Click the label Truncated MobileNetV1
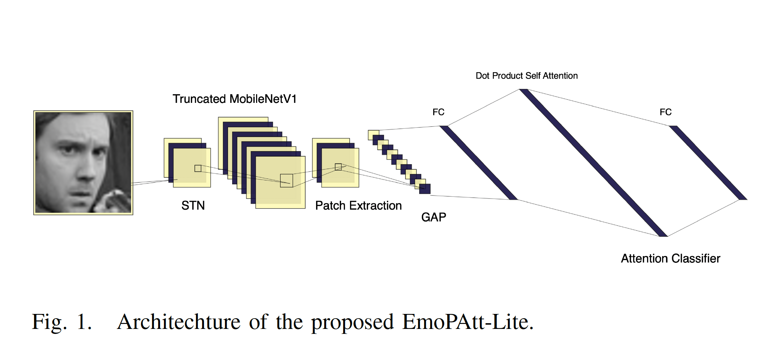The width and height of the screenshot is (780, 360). pos(235,99)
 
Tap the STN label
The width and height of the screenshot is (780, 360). pos(193,206)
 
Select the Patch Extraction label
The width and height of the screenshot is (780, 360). pos(358,206)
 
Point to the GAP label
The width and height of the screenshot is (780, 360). pos(434,217)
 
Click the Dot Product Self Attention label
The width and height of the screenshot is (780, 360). pos(526,76)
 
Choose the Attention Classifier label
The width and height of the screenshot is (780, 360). pos(670,258)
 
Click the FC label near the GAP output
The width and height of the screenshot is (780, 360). pos(438,112)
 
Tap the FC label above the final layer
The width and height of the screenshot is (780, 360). pos(665,112)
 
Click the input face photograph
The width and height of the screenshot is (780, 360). pos(83,162)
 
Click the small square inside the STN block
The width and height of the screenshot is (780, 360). pos(198,168)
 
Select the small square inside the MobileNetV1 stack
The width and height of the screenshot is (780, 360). pos(286,180)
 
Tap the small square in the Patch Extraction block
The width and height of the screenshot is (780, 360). pos(338,167)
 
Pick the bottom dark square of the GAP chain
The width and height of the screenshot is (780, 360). pos(425,189)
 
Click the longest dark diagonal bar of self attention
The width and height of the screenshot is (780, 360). pos(593,162)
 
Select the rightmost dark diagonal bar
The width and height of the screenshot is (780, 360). pos(708,162)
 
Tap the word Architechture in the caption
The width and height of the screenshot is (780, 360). pos(179,322)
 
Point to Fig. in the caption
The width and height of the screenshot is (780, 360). pos(49,322)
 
